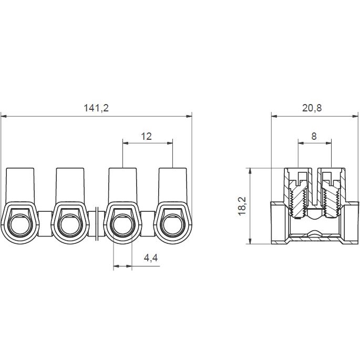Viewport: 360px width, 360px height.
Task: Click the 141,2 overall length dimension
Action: click(x=96, y=108)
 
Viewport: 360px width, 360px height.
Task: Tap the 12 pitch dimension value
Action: click(x=146, y=136)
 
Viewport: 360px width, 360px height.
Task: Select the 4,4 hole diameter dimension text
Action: click(x=151, y=258)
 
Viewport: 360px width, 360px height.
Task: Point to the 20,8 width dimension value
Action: click(x=312, y=108)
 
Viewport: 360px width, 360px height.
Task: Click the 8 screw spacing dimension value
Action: click(x=314, y=136)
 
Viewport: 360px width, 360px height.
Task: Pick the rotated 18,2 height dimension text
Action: click(x=242, y=205)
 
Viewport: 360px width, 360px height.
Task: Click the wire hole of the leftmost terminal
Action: click(x=19, y=225)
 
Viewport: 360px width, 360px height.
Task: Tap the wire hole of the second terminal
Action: click(x=70, y=225)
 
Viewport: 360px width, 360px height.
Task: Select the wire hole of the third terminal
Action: click(x=122, y=225)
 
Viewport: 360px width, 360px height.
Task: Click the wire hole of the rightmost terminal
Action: click(x=173, y=225)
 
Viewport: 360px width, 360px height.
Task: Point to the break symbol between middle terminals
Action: click(x=97, y=224)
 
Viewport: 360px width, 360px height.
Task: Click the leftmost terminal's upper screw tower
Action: click(x=20, y=185)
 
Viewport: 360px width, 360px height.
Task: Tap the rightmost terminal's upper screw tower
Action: click(x=173, y=185)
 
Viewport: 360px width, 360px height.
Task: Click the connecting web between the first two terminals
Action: click(x=45, y=224)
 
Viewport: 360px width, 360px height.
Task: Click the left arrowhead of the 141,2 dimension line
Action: click(x=4, y=116)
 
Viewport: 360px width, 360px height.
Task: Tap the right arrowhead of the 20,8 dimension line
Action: click(x=355, y=116)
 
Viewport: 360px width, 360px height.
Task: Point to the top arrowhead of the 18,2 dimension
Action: click(x=250, y=171)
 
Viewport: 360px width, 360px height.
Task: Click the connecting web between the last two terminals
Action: click(x=148, y=224)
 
